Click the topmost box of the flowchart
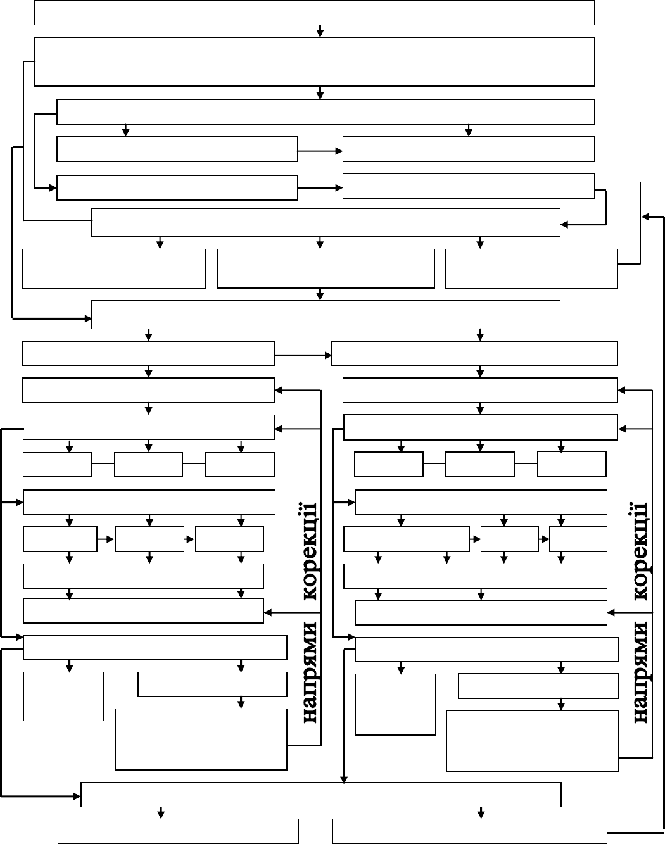click(x=314, y=13)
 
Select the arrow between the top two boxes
click(x=320, y=31)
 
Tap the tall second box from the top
click(x=314, y=61)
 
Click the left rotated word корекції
click(x=310, y=551)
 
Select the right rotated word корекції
click(x=640, y=551)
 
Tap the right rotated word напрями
click(x=641, y=672)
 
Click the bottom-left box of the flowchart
click(x=178, y=831)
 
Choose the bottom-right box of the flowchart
click(x=470, y=831)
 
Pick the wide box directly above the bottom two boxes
click(x=321, y=794)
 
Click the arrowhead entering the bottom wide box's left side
click(x=77, y=796)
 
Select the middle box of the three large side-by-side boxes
click(x=326, y=268)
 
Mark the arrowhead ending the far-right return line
click(x=645, y=217)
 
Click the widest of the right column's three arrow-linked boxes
click(x=407, y=539)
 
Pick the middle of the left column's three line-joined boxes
click(x=148, y=464)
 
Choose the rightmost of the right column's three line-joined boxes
click(x=572, y=464)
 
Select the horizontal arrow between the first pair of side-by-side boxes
click(x=320, y=151)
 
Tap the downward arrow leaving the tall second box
click(x=320, y=92)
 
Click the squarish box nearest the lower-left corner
click(x=63, y=696)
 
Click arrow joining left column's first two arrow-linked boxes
click(x=106, y=539)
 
